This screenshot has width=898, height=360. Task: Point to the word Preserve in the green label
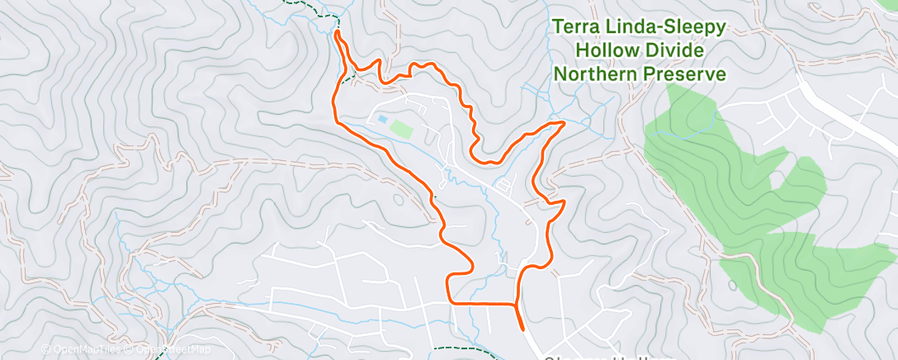[688, 74]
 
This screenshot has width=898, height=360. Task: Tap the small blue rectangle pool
[382, 120]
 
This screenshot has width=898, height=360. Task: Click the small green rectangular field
[400, 128]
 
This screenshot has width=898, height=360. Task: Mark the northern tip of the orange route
[338, 33]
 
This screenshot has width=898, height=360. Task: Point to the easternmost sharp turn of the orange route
[564, 123]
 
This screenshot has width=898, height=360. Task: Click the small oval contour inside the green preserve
[733, 285]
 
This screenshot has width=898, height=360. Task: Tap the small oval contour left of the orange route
[400, 199]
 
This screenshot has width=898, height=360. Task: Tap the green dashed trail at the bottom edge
[462, 351]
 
